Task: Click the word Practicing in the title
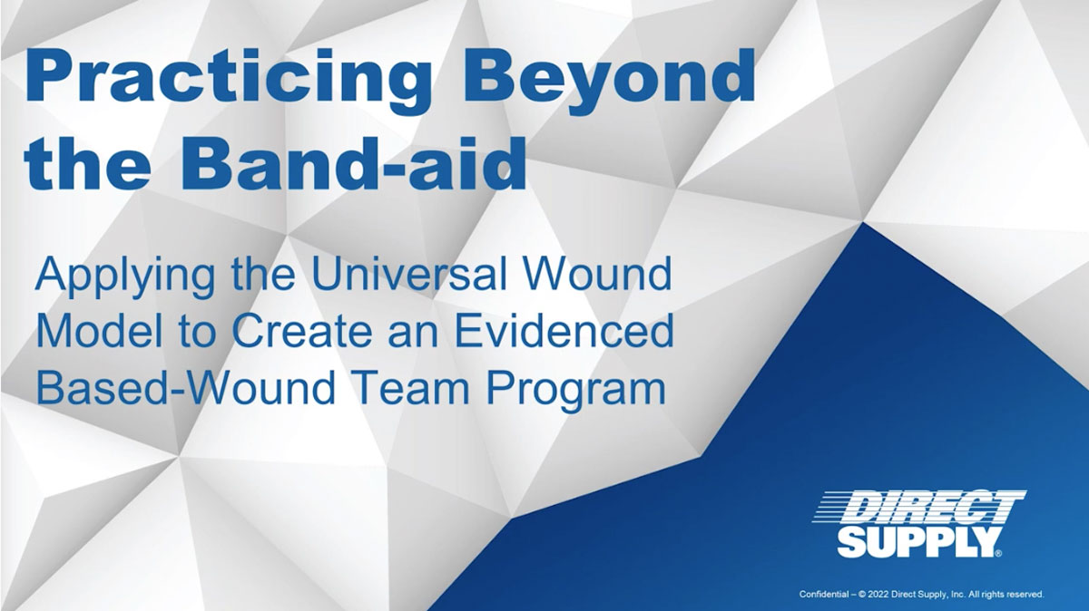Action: (x=229, y=77)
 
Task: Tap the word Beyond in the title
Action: (x=609, y=77)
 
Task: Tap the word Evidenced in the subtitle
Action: (x=564, y=330)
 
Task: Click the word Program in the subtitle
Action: (x=575, y=392)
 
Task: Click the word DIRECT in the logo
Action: (x=920, y=507)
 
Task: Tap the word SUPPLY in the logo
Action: (x=916, y=542)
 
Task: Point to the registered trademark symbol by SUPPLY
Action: (x=998, y=553)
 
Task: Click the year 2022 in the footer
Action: (x=879, y=594)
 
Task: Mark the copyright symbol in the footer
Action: (x=863, y=594)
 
